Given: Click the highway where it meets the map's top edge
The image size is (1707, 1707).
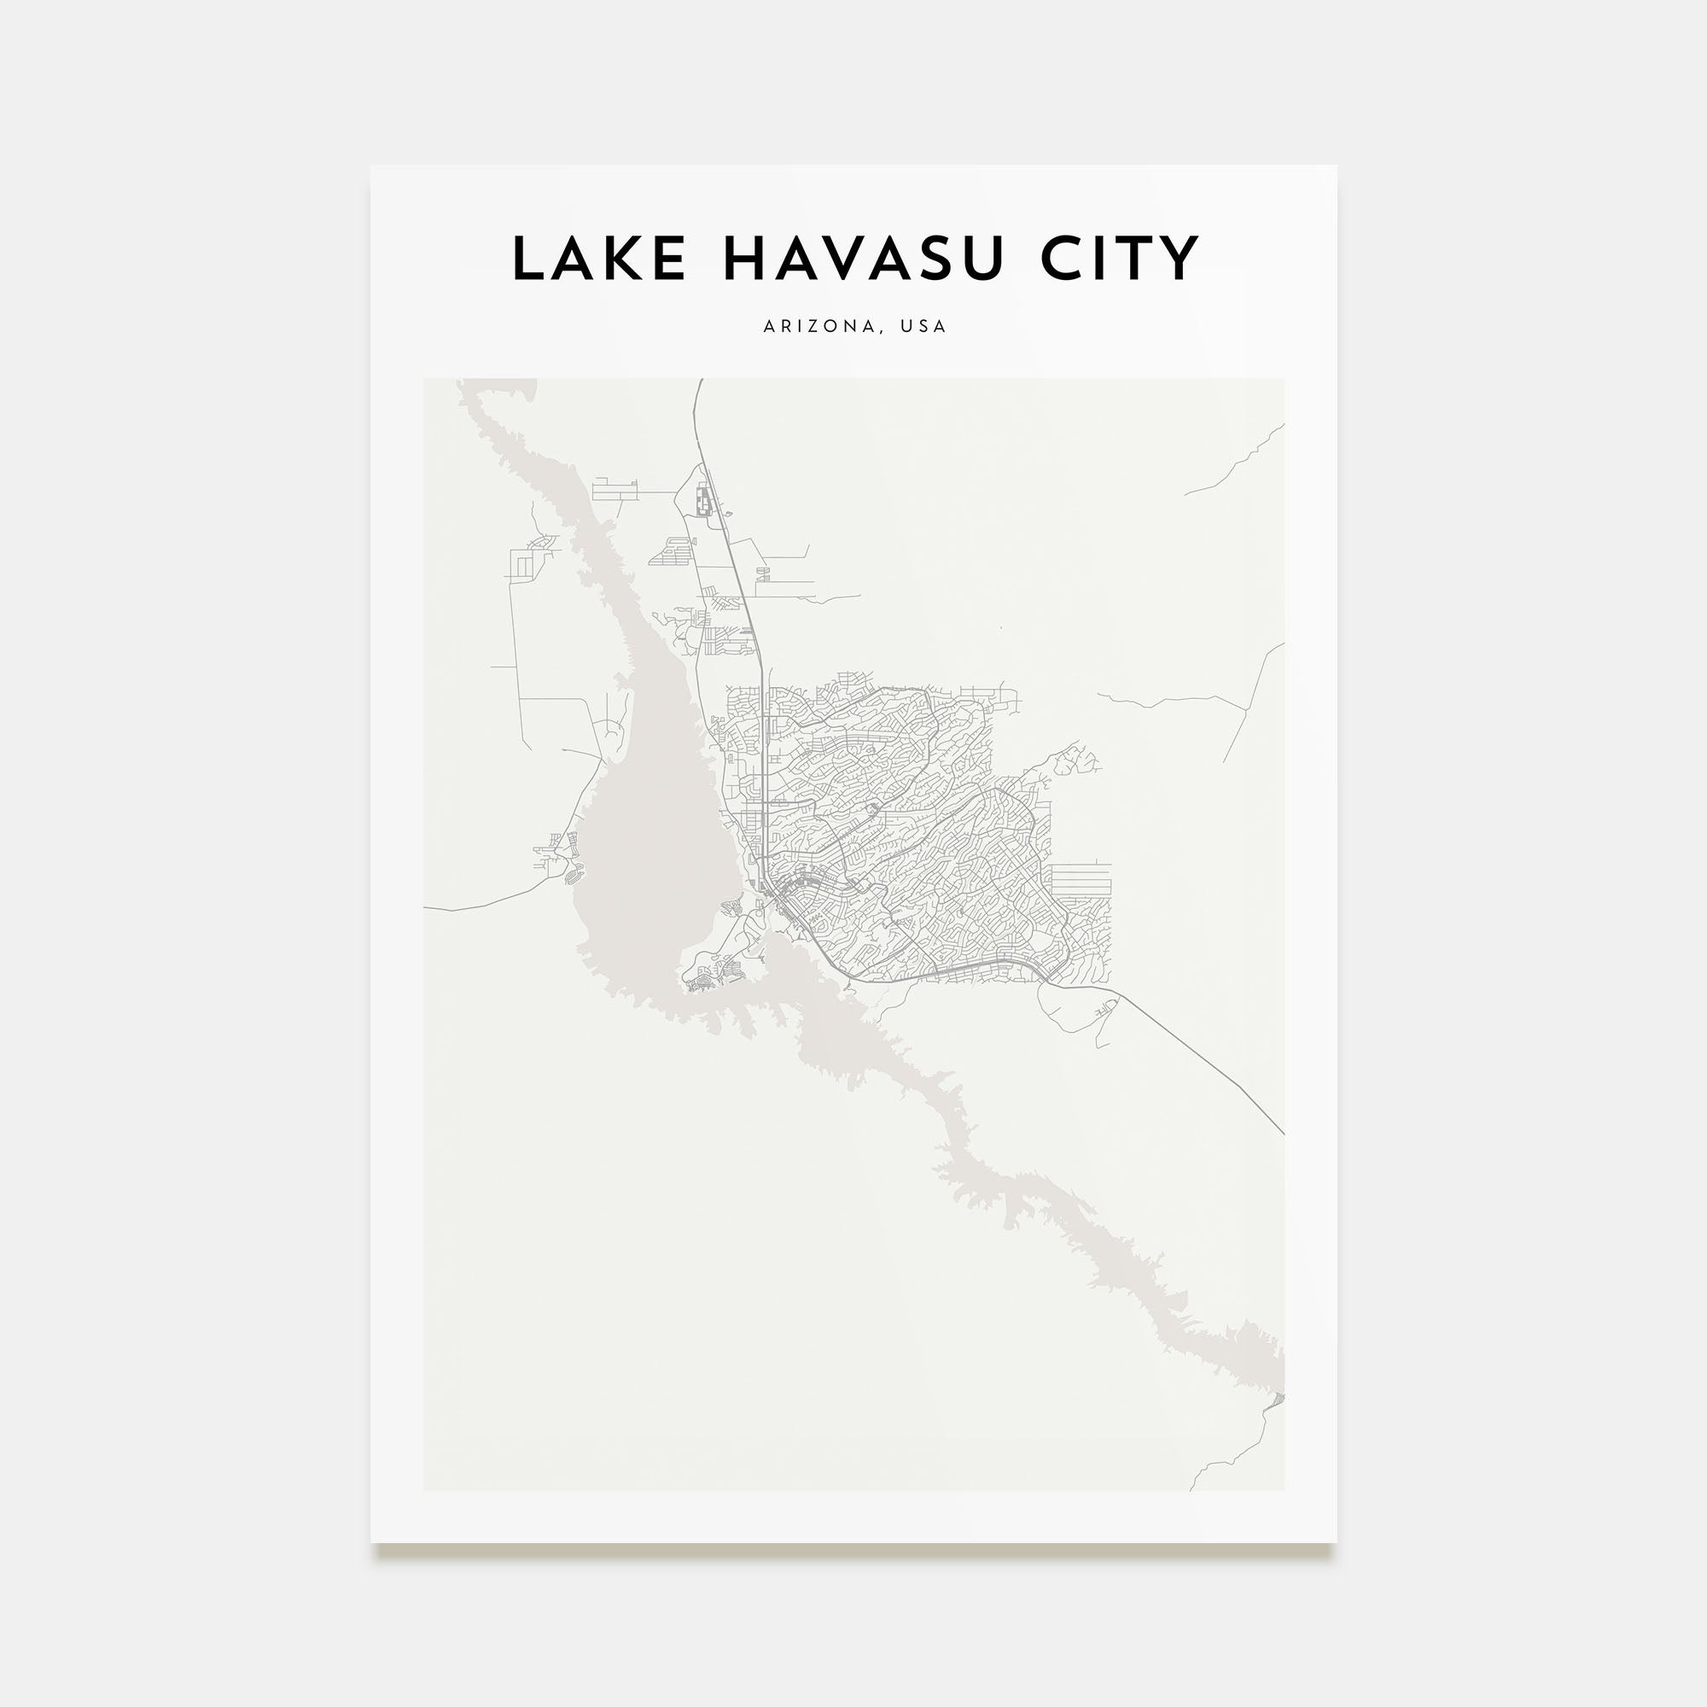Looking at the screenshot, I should [x=700, y=383].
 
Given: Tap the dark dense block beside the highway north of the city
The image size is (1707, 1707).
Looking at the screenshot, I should [x=704, y=502].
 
